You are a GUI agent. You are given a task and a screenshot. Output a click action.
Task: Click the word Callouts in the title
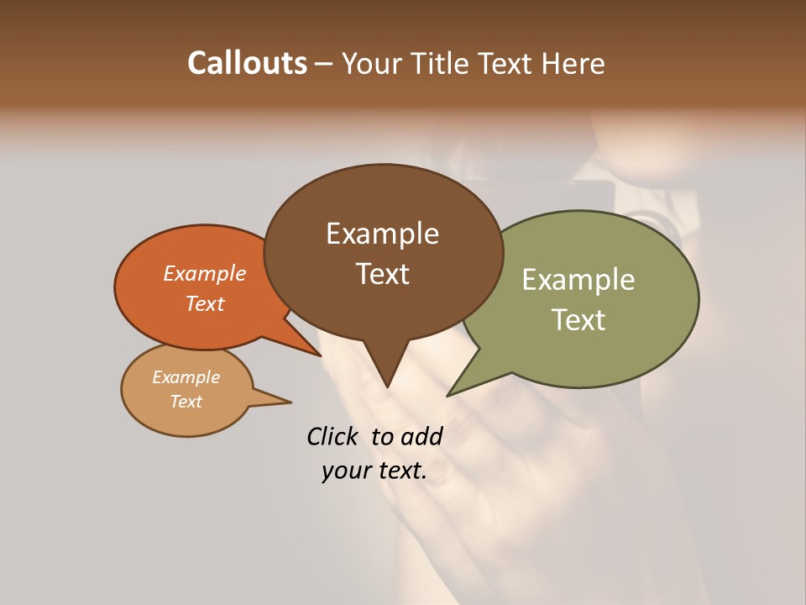click(247, 64)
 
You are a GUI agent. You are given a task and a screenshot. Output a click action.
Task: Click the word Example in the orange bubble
click(205, 273)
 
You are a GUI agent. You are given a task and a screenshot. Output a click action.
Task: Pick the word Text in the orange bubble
click(205, 303)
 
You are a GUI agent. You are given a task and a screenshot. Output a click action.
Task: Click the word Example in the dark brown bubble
click(382, 234)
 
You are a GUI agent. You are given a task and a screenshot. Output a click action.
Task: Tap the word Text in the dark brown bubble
click(382, 274)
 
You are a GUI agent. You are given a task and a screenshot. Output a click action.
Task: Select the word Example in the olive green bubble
click(578, 280)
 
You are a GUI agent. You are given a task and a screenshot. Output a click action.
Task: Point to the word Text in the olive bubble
click(578, 320)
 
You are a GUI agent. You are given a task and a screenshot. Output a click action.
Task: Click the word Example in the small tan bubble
click(186, 377)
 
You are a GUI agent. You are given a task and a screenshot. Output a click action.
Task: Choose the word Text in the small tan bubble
click(186, 402)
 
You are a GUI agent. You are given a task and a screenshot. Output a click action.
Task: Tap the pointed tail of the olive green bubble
click(458, 389)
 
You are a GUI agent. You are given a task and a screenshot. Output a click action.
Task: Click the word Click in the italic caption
click(333, 436)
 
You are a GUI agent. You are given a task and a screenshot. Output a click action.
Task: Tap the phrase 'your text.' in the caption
click(374, 471)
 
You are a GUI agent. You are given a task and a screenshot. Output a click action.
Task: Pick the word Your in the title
click(370, 64)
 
